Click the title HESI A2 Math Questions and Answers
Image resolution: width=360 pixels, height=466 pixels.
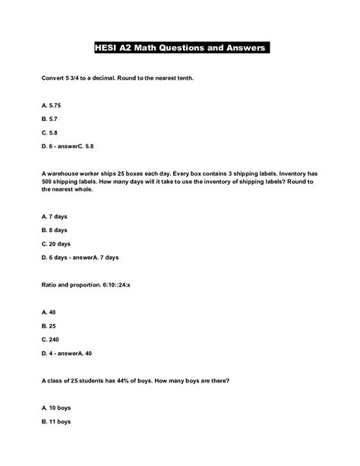(x=180, y=48)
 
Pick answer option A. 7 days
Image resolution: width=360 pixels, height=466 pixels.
(x=54, y=216)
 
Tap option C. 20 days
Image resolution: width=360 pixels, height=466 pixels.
(x=56, y=244)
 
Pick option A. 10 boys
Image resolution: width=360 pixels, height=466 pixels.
(x=55, y=407)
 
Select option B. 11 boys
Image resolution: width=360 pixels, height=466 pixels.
(x=55, y=421)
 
